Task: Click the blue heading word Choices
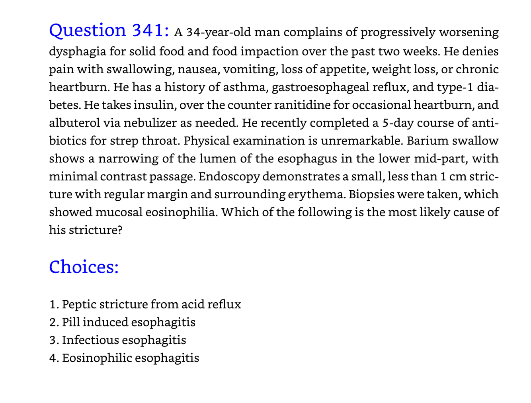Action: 84,267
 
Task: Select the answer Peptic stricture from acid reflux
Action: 151,305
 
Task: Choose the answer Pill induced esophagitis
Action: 129,322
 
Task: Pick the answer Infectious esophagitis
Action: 124,340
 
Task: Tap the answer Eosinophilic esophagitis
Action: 130,358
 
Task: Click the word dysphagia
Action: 74,51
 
